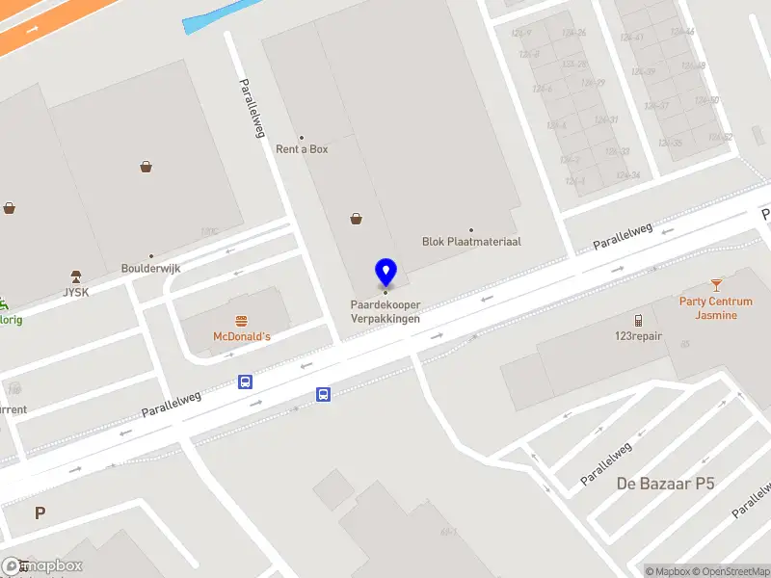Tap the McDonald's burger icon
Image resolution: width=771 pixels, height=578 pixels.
[241, 321]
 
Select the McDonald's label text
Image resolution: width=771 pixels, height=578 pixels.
[241, 337]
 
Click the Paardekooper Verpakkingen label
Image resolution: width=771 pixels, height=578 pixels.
[385, 312]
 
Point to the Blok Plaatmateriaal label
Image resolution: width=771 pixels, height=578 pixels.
[471, 242]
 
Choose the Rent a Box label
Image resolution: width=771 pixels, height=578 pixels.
[302, 149]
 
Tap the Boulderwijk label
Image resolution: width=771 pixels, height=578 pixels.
[150, 269]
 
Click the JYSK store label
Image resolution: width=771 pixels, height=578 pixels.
[75, 292]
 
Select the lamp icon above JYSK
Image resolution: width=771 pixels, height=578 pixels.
[75, 276]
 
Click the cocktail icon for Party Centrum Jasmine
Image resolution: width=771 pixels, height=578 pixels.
[716, 284]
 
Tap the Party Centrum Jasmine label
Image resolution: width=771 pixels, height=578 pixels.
[715, 308]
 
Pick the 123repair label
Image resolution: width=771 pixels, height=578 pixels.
[637, 336]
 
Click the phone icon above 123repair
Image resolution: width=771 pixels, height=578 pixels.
[638, 321]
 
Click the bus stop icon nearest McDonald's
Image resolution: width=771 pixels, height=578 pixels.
[246, 381]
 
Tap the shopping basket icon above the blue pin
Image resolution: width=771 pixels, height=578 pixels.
[357, 219]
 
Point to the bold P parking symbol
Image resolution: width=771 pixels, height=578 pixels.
[40, 513]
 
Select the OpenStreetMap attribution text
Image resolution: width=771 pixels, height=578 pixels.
[731, 571]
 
